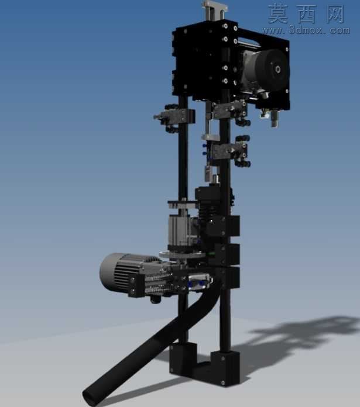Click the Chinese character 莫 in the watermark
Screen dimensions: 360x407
click(x=277, y=13)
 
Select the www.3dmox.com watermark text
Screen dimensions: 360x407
click(x=306, y=30)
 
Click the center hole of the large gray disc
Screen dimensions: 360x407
click(x=279, y=69)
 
